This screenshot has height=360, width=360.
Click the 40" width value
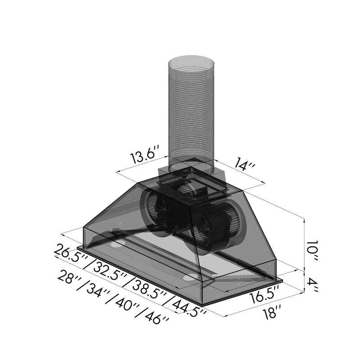(127, 305)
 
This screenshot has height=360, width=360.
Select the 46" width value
(155, 318)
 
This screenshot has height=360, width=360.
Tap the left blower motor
(157, 209)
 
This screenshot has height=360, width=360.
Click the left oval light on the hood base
(118, 245)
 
